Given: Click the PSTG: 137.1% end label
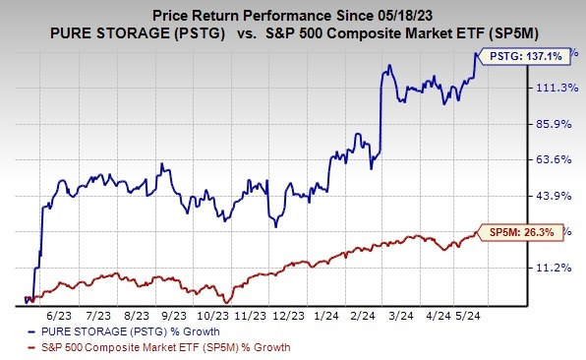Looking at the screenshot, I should point(526,59).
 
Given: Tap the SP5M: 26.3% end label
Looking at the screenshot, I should point(521,232).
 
